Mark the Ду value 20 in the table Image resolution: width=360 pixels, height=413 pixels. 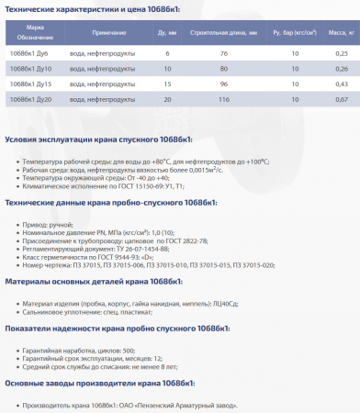coord(167,98)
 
